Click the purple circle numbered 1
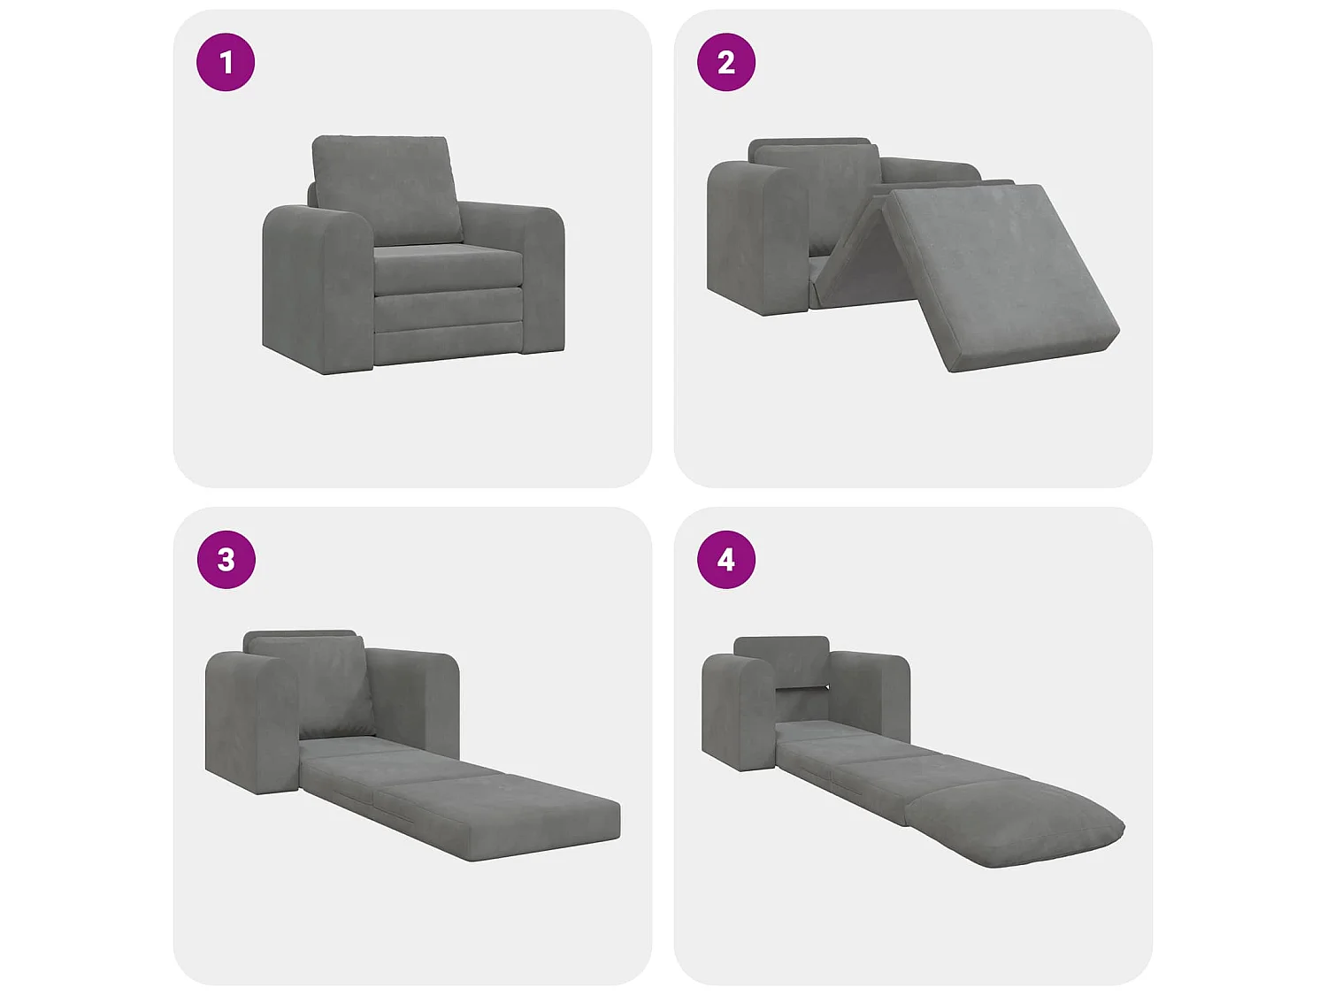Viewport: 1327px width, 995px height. coord(226,62)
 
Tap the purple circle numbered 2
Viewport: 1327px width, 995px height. coord(726,62)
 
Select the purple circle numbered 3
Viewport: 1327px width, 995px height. coord(226,560)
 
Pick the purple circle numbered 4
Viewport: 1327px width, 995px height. coord(726,560)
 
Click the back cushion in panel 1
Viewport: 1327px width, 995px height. coord(387,188)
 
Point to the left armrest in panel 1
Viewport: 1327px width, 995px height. coord(318,290)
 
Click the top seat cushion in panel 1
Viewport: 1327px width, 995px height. coord(448,268)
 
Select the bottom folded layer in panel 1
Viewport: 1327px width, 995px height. coord(448,343)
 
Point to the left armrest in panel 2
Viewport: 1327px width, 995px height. coord(759,239)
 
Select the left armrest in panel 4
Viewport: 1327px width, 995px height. coord(739,713)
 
